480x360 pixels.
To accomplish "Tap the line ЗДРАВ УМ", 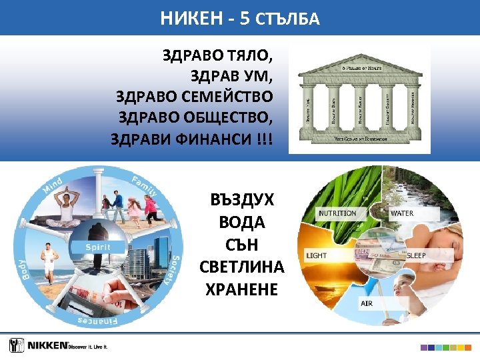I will [x=231, y=75].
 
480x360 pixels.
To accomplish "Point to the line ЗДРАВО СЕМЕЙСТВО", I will [x=194, y=97].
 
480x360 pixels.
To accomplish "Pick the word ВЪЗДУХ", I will [x=242, y=201].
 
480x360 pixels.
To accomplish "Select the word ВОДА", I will [x=242, y=223].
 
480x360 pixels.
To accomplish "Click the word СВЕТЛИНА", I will [x=242, y=267].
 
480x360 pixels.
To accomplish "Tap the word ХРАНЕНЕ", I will [x=242, y=289].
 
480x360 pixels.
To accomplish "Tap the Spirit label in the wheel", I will [x=97, y=247].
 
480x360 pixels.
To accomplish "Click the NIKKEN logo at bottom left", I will [x=59, y=345].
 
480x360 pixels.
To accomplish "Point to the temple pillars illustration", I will [x=360, y=104].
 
